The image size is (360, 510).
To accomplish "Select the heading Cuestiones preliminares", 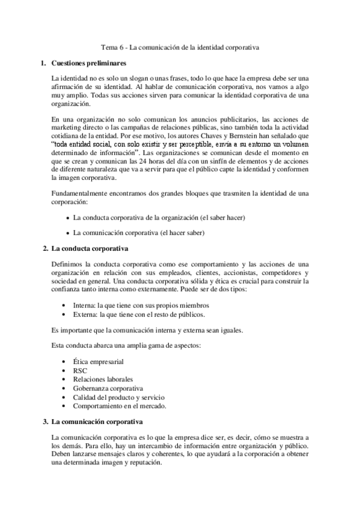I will (88, 63).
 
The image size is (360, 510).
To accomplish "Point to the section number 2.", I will (46, 248).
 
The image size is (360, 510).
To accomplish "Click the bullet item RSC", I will (81, 371).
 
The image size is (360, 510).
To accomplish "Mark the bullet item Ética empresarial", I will (99, 363).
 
